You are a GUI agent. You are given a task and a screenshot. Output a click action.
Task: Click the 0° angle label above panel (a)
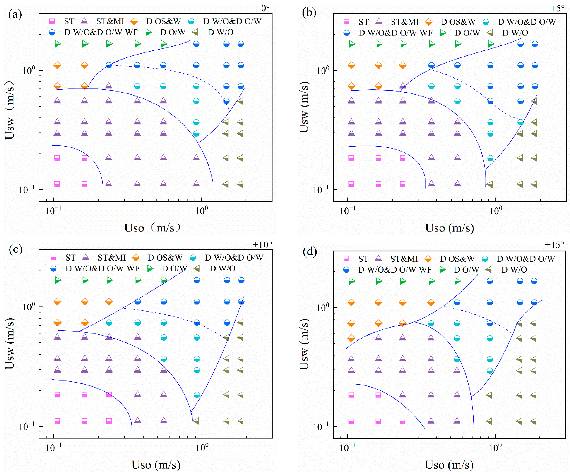click(x=265, y=8)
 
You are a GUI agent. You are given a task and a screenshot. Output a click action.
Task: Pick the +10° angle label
click(x=262, y=245)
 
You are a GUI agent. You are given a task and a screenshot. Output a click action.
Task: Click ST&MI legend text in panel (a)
click(x=110, y=21)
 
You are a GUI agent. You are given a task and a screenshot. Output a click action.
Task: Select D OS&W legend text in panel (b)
click(x=458, y=22)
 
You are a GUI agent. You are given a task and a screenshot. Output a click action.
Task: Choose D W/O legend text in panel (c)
click(x=223, y=269)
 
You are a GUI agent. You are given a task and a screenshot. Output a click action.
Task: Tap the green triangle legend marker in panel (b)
click(x=443, y=33)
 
